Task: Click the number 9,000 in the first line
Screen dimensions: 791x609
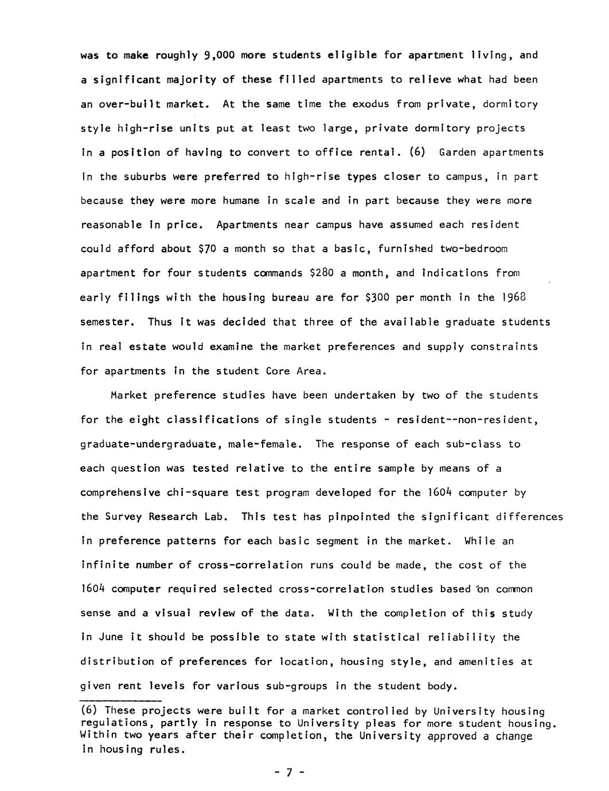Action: [x=219, y=56]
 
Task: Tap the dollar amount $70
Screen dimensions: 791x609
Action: [x=206, y=249]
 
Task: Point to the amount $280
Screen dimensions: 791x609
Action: [x=321, y=273]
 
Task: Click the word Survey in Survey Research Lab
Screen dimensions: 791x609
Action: [x=124, y=516]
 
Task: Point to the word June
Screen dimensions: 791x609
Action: [x=111, y=637]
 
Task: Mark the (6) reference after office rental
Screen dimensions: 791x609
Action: [x=417, y=152]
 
